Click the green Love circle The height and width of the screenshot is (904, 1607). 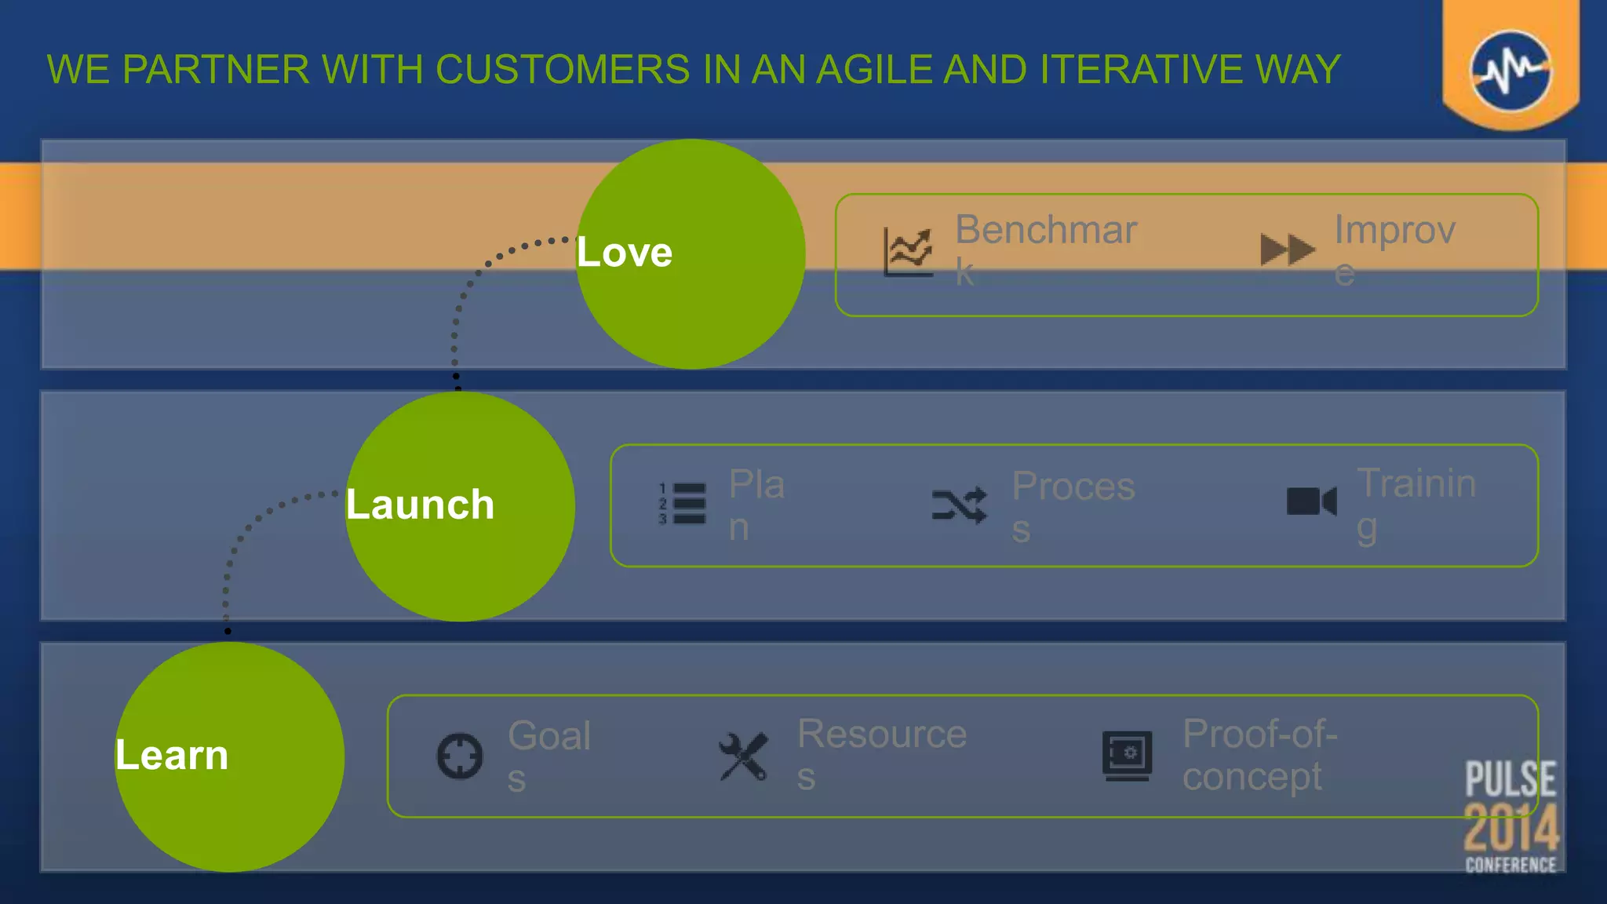[691, 253]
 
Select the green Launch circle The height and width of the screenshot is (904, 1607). [460, 506]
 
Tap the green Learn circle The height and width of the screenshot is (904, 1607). [229, 756]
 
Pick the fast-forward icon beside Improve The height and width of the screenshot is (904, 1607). [1287, 250]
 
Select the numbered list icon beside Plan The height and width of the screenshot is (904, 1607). [682, 504]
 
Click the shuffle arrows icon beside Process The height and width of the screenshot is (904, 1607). [959, 505]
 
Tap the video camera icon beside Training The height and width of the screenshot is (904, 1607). [1311, 501]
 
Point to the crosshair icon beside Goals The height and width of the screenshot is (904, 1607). [460, 756]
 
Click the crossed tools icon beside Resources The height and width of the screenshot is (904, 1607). [743, 756]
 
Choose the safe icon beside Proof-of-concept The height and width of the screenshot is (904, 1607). [1127, 756]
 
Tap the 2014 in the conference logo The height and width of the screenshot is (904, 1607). [1511, 828]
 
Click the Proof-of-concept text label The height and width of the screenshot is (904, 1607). [1259, 755]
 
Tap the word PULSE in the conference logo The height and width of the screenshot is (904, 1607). [1510, 779]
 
